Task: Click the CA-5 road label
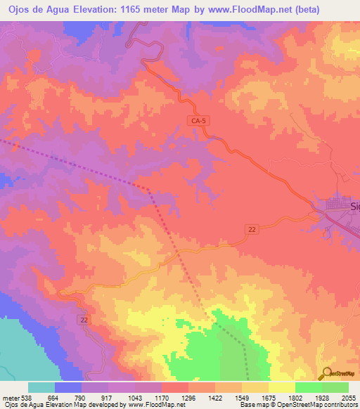pos(199,121)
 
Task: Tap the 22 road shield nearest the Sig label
pos(252,229)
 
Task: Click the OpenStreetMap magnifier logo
pos(326,372)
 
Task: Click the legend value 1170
pos(162,398)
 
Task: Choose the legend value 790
pos(82,398)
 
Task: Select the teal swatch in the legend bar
pos(41,387)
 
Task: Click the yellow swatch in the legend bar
pos(282,387)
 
